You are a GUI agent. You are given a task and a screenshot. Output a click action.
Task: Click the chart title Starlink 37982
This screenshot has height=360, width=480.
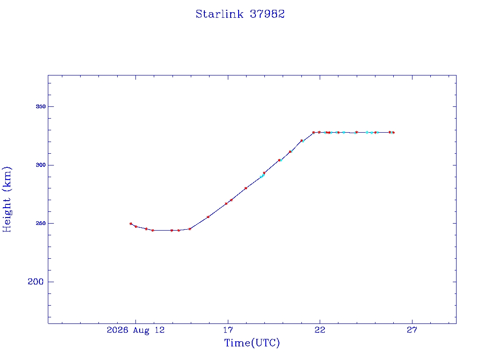click(x=240, y=14)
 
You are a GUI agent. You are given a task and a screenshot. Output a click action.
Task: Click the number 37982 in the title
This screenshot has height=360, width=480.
click(x=267, y=14)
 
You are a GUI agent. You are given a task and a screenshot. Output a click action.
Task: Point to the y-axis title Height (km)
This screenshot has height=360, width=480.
click(x=7, y=199)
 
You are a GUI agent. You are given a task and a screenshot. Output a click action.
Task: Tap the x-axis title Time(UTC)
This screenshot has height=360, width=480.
click(x=252, y=343)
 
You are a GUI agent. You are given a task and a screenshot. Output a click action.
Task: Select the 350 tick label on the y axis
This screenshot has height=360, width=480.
click(x=41, y=106)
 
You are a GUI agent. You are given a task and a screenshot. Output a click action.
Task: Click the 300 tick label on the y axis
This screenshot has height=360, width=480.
click(x=41, y=165)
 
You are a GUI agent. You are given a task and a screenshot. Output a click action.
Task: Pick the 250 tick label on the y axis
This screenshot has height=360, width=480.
click(x=41, y=224)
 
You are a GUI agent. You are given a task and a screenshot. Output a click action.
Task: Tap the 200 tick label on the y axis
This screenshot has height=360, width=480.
click(x=36, y=282)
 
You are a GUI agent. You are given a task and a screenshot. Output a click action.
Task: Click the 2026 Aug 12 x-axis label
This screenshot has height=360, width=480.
click(x=135, y=330)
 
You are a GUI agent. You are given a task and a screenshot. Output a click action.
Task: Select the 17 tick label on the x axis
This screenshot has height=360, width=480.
click(x=228, y=330)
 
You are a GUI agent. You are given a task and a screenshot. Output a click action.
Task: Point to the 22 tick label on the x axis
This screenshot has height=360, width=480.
click(x=320, y=330)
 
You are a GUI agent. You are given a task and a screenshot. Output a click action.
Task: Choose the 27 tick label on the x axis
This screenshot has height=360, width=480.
click(x=412, y=330)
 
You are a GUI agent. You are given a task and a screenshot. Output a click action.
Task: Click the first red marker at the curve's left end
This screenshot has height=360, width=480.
click(x=131, y=224)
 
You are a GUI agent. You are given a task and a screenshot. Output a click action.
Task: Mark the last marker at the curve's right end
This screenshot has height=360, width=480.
click(x=393, y=133)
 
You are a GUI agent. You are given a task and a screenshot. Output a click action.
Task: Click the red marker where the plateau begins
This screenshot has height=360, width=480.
click(x=314, y=133)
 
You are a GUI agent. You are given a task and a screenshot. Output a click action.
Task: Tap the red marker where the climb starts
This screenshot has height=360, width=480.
click(x=190, y=229)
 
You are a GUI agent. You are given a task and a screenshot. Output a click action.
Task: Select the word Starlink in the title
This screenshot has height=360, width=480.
click(x=219, y=14)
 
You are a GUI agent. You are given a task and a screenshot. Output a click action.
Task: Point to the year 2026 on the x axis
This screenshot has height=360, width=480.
click(x=117, y=330)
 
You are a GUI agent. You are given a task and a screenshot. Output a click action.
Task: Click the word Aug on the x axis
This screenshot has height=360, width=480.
click(x=141, y=330)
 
